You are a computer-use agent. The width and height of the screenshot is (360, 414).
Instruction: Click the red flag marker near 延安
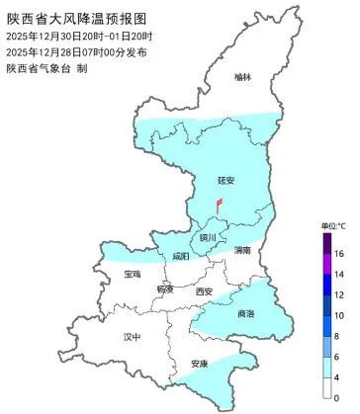pyautogui.click(x=219, y=203)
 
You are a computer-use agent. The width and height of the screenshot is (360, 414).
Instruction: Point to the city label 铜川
pyautogui.click(x=206, y=237)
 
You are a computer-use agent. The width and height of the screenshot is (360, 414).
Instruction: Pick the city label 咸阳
pyautogui.click(x=180, y=256)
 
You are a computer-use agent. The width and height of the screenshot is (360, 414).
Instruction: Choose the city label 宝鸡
pyautogui.click(x=134, y=274)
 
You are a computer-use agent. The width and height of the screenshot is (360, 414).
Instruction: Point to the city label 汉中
pyautogui.click(x=133, y=337)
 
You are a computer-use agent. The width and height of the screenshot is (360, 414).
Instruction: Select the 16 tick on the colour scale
pyautogui.click(x=338, y=254)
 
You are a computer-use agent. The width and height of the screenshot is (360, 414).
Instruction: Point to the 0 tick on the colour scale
pyautogui.click(x=337, y=397)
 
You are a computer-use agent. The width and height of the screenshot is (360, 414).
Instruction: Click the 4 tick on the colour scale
pyautogui.click(x=337, y=376)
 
